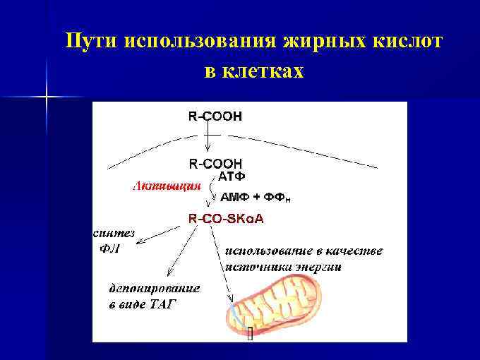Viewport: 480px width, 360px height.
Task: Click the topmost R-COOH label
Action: click(215, 116)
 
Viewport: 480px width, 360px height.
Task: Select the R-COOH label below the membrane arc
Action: click(215, 163)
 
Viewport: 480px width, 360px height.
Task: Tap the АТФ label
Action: click(232, 175)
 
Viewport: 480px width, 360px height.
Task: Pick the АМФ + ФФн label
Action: click(255, 198)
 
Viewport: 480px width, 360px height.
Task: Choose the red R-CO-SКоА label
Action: click(226, 219)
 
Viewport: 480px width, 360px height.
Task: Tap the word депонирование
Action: click(154, 288)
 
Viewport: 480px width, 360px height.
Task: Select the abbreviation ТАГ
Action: click(162, 304)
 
